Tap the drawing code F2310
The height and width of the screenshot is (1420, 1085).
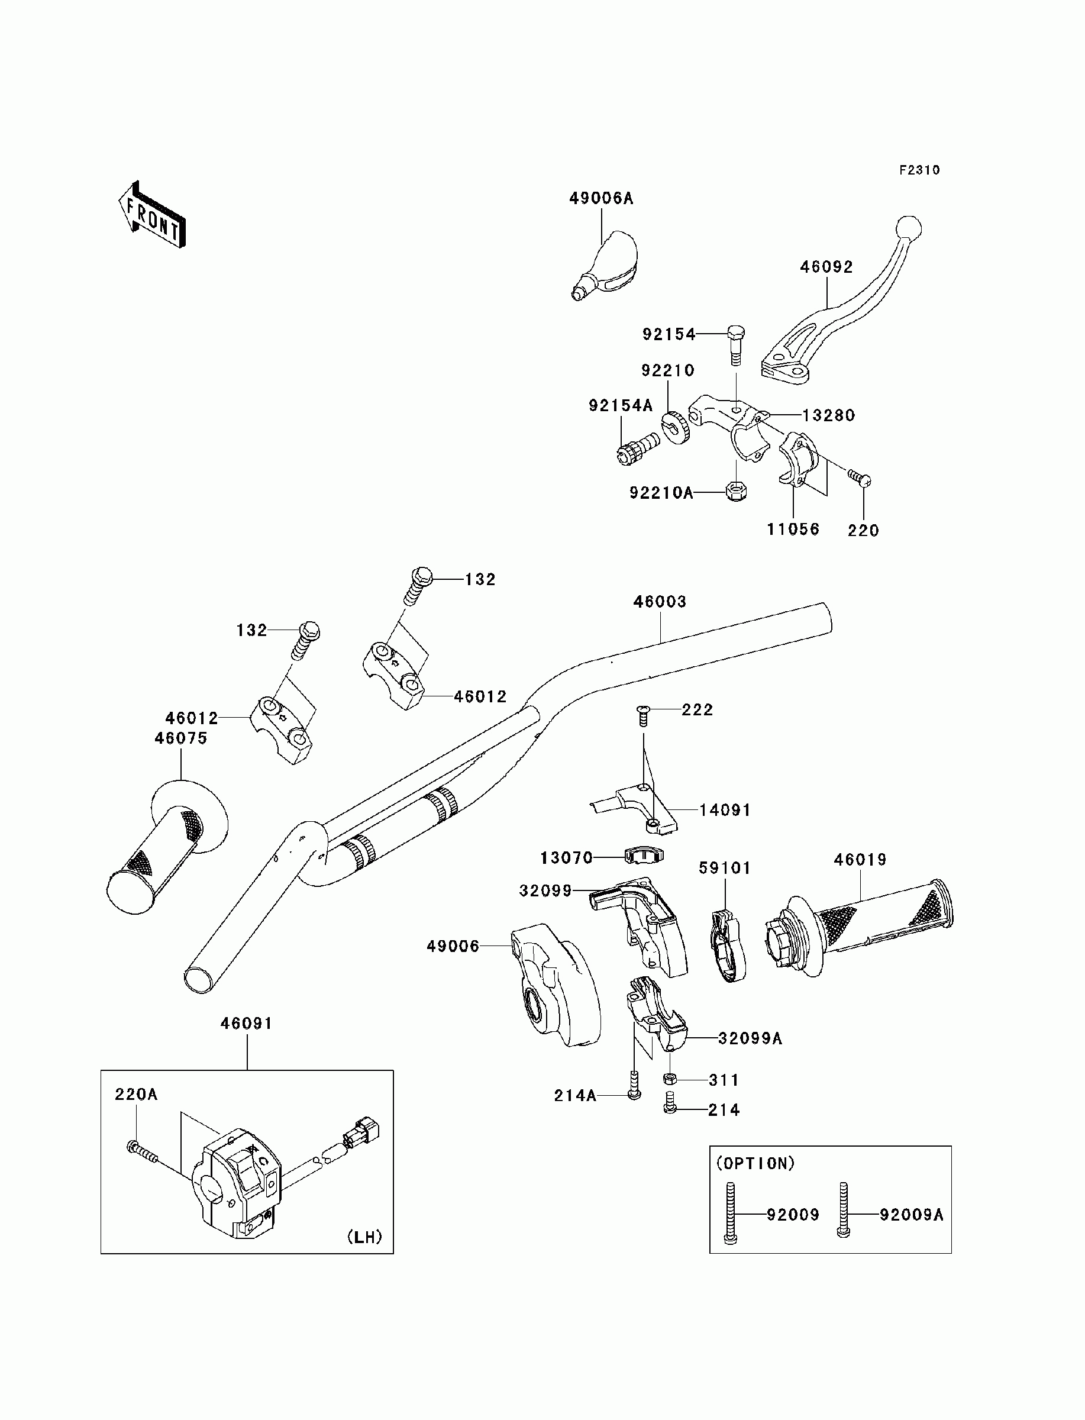click(920, 170)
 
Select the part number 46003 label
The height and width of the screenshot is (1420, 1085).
click(660, 601)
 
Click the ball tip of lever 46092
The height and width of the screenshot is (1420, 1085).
click(908, 228)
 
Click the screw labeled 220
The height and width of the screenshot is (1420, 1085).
click(860, 478)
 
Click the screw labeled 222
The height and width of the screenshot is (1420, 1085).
click(642, 715)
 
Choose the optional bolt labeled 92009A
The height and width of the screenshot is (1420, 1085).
click(843, 1209)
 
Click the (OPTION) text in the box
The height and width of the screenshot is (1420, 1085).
click(755, 1164)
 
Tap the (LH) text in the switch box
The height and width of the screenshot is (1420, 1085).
click(365, 1237)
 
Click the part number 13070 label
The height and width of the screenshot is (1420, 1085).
click(566, 857)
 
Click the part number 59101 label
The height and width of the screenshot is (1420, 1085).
click(725, 868)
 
